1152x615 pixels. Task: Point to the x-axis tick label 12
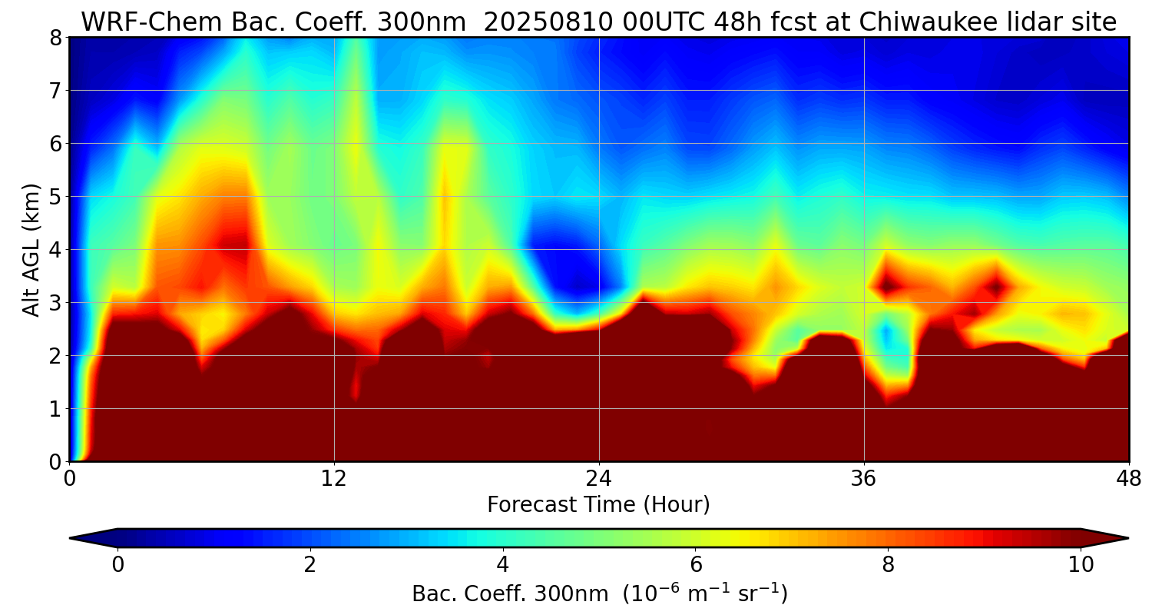point(334,477)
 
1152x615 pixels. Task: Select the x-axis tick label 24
point(599,477)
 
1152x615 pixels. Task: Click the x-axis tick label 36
point(864,477)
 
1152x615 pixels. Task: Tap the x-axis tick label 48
point(1128,477)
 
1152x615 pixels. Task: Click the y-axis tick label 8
point(55,38)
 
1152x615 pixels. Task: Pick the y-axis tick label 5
point(55,197)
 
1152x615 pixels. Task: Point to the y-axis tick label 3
point(55,303)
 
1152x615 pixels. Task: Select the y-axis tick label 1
point(55,409)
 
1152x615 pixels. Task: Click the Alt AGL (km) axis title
point(31,250)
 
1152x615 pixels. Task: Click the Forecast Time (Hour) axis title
point(598,505)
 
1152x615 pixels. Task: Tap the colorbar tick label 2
point(310,565)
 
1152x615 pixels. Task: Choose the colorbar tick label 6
point(696,565)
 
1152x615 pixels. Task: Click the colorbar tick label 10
point(1081,565)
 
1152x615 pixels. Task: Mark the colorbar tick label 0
point(118,565)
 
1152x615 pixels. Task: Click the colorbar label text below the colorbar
point(599,594)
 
